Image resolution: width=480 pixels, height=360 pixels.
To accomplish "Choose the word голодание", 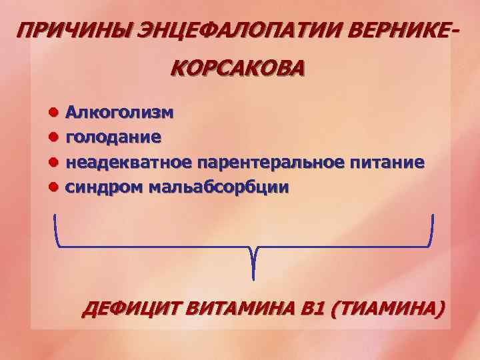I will pos(113,137).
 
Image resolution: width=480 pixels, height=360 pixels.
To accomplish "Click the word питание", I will pos(387,162).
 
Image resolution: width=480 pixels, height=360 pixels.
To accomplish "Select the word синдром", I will pos(102,187).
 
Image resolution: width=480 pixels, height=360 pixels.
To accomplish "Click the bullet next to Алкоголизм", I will pos(53,113).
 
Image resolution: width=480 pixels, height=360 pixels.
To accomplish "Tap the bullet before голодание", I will pos(53,137).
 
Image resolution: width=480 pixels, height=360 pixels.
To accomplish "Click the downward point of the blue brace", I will pos(254,275).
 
